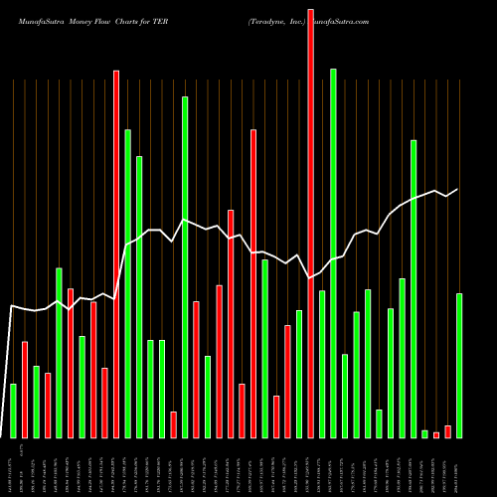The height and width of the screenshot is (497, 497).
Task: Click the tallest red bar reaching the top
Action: point(310,219)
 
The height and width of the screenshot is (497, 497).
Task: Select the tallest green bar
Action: point(333,253)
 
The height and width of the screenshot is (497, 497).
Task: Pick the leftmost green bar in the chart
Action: point(13,411)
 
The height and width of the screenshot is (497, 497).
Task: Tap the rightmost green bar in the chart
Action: point(459,365)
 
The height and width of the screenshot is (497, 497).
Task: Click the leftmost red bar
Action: point(25,390)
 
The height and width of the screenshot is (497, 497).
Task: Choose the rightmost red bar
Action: point(448,431)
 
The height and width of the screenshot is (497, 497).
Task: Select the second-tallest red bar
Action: point(116,253)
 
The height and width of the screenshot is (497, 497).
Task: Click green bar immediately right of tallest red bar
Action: point(322,364)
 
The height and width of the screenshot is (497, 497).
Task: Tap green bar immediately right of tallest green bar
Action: point(345,396)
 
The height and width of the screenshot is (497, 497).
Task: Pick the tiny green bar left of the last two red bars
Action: point(424,433)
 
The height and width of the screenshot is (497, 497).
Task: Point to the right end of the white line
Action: point(458,189)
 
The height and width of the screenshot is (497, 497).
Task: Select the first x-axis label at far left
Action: point(13,467)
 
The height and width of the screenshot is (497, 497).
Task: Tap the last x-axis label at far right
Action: point(459,467)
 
